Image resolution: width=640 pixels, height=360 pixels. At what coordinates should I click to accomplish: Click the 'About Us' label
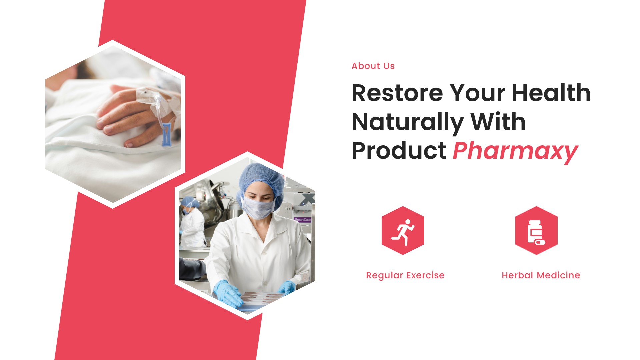click(373, 66)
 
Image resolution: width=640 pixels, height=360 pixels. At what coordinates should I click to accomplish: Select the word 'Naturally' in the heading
click(408, 122)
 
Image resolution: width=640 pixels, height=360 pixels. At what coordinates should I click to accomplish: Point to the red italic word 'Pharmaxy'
click(515, 151)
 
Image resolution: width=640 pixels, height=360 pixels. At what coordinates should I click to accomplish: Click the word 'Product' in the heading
click(399, 151)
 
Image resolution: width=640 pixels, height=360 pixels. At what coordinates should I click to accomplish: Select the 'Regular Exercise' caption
click(405, 275)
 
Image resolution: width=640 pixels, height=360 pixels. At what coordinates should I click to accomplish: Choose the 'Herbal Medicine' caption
click(541, 275)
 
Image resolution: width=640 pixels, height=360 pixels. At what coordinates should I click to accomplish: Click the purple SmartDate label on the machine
click(302, 220)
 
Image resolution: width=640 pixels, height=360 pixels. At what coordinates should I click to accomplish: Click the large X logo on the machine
click(307, 199)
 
